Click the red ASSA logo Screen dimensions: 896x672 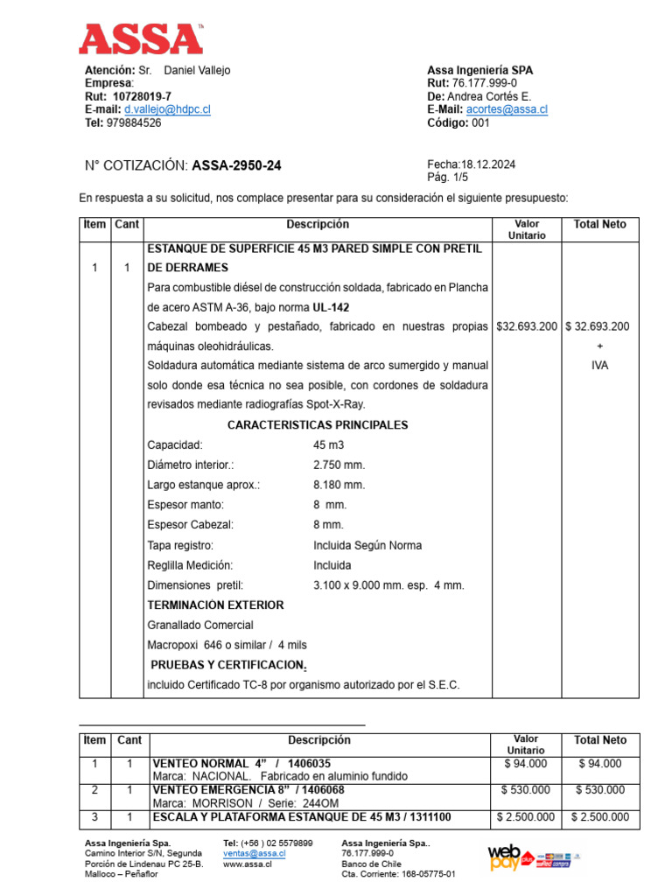[x=140, y=39]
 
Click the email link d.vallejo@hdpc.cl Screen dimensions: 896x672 [x=167, y=110]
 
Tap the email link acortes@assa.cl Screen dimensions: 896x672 [x=507, y=110]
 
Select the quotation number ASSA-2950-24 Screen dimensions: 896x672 [x=236, y=165]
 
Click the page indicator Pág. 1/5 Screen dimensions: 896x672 [x=446, y=178]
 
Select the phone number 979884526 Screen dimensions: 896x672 [x=133, y=123]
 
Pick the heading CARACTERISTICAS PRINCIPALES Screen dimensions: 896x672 [x=318, y=425]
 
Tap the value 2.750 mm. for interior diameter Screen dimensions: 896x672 [x=339, y=465]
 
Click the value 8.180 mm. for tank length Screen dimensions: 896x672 [x=339, y=486]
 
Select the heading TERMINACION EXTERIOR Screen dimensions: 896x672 [x=215, y=605]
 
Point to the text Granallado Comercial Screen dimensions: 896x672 [x=200, y=626]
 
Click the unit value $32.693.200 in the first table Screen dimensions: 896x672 [x=526, y=327]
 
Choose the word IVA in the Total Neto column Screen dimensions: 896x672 [x=599, y=366]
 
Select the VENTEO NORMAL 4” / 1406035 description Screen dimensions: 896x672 [x=241, y=764]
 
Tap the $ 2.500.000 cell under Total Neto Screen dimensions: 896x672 [x=599, y=818]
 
